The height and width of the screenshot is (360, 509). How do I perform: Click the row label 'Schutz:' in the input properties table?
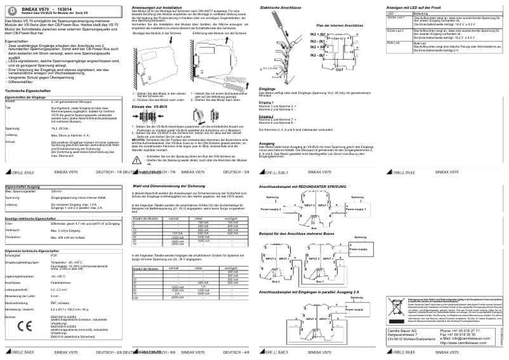point(11,142)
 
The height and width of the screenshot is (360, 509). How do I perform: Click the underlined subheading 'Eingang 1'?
point(266,102)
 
